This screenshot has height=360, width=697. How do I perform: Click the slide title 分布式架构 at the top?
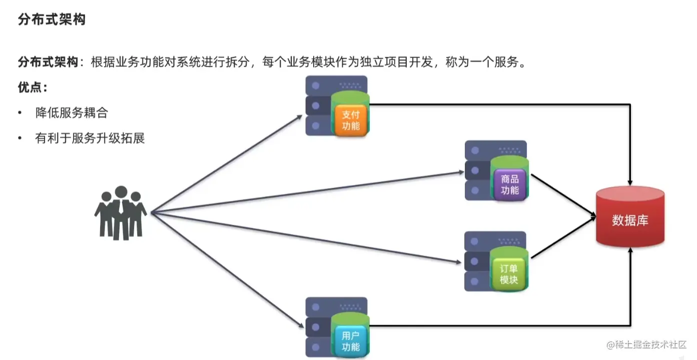(52, 20)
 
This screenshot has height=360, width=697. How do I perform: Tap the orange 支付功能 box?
(351, 120)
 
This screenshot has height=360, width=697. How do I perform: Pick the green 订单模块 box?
(509, 274)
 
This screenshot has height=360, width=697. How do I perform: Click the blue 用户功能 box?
(351, 341)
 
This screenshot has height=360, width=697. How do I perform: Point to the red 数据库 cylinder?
(630, 219)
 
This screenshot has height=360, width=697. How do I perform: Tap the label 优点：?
(33, 88)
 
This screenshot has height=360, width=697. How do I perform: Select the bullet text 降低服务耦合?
(72, 113)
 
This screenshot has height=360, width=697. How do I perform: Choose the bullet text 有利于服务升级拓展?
(90, 138)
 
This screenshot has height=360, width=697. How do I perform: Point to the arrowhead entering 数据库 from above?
(630, 181)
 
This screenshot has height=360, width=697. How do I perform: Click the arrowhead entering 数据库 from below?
(630, 250)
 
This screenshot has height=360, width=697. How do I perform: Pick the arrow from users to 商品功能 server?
(305, 193)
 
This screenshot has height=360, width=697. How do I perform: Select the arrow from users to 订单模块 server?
(305, 237)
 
